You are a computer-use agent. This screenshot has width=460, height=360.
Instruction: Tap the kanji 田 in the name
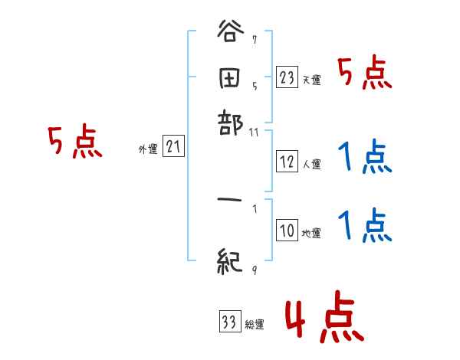(x=230, y=77)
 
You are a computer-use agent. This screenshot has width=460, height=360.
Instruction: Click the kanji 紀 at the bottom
(x=231, y=262)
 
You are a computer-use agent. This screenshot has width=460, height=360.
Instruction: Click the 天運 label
(x=311, y=80)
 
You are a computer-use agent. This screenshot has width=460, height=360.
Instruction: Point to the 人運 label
(x=311, y=164)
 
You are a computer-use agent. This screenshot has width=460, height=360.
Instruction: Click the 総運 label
(x=255, y=325)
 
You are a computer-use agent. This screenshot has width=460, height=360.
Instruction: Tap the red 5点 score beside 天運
(x=365, y=75)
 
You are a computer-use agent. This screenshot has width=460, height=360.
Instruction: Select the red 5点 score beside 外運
(x=74, y=142)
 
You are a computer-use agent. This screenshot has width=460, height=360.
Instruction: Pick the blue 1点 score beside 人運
(x=365, y=159)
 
